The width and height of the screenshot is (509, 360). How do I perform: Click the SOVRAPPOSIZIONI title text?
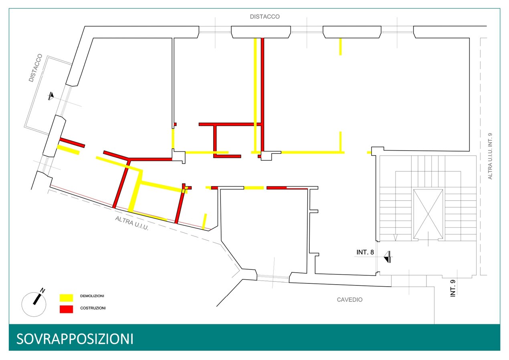(x=75, y=339)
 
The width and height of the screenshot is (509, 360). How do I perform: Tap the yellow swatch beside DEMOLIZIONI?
(x=66, y=297)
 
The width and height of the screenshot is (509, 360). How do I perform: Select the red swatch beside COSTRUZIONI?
(x=66, y=309)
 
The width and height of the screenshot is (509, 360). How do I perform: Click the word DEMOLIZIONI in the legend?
(x=92, y=296)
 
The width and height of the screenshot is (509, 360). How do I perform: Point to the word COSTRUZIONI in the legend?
(x=93, y=308)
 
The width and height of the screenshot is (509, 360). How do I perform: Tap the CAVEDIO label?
(x=349, y=299)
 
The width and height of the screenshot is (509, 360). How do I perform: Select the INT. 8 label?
(x=365, y=253)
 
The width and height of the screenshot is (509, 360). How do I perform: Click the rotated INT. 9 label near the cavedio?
(x=453, y=286)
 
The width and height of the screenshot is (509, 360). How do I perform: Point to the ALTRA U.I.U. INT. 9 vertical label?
(x=490, y=156)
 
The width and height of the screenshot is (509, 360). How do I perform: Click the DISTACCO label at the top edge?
(x=265, y=17)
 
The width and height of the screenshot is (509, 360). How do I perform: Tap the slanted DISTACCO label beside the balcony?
(x=36, y=68)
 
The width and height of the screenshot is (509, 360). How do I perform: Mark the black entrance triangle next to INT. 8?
(x=388, y=257)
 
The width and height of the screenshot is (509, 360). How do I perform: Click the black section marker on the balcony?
(x=51, y=96)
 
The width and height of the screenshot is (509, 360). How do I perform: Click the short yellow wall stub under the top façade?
(x=340, y=47)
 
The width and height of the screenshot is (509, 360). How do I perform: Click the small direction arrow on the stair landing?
(x=396, y=237)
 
